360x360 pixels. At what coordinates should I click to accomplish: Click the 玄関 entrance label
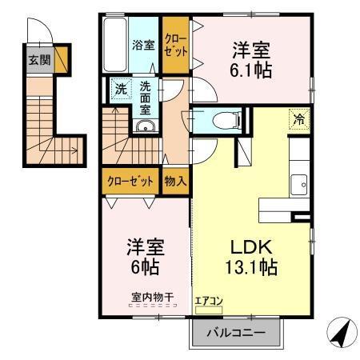point(38,59)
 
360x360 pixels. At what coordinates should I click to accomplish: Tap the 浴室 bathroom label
point(143,46)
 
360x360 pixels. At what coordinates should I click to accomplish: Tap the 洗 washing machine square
point(119,88)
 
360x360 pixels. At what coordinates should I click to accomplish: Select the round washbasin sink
point(145,130)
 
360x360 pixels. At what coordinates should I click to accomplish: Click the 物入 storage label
point(175,182)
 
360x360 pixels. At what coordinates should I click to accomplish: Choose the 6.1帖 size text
point(251,70)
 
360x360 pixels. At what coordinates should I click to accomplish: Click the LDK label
point(250,246)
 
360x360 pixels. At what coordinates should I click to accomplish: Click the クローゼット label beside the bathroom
point(175,45)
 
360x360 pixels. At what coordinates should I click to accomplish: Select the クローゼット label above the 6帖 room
point(130,182)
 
